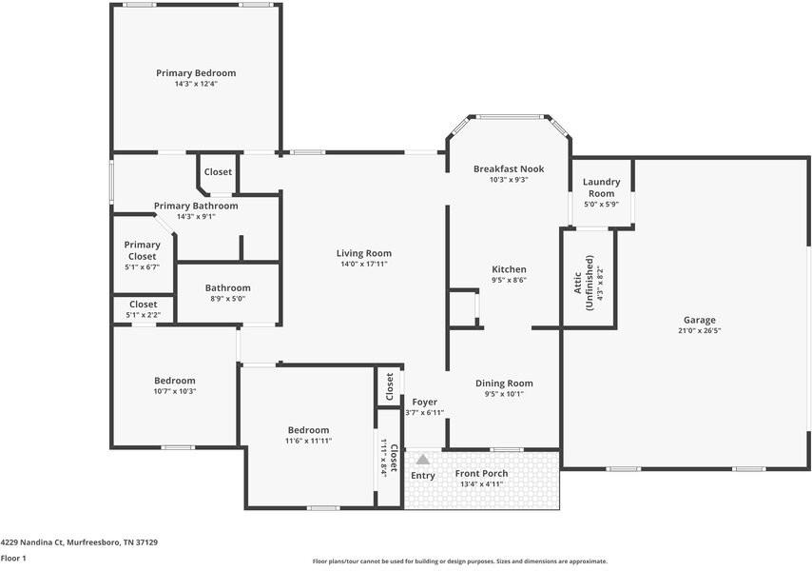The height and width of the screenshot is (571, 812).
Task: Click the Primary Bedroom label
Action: click(x=196, y=73)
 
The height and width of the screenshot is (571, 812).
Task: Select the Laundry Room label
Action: click(x=601, y=187)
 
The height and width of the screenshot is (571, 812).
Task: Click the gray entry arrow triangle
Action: click(x=423, y=460)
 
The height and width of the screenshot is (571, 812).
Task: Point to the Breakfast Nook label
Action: click(x=508, y=168)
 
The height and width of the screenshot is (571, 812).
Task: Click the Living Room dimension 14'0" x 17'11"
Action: click(x=363, y=266)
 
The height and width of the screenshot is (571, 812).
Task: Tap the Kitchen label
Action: click(x=509, y=269)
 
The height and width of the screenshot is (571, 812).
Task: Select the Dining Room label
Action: click(x=504, y=384)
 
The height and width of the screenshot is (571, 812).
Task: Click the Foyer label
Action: click(x=424, y=402)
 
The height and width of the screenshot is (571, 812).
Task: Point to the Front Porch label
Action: click(x=481, y=473)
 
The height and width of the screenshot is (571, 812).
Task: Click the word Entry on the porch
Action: click(x=423, y=476)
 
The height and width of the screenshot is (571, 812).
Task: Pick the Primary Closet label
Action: click(x=142, y=250)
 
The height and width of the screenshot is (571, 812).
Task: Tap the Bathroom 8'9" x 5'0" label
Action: click(x=227, y=288)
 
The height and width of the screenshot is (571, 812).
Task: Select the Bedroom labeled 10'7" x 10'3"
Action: click(x=175, y=381)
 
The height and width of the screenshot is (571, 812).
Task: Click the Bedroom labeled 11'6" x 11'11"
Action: click(x=309, y=430)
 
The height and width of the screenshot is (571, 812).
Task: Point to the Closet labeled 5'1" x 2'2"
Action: click(x=143, y=305)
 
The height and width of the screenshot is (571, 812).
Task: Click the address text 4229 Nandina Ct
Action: click(x=31, y=542)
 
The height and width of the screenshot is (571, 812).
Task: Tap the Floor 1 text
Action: click(x=13, y=559)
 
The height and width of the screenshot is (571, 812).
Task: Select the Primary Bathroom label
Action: click(x=196, y=206)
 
